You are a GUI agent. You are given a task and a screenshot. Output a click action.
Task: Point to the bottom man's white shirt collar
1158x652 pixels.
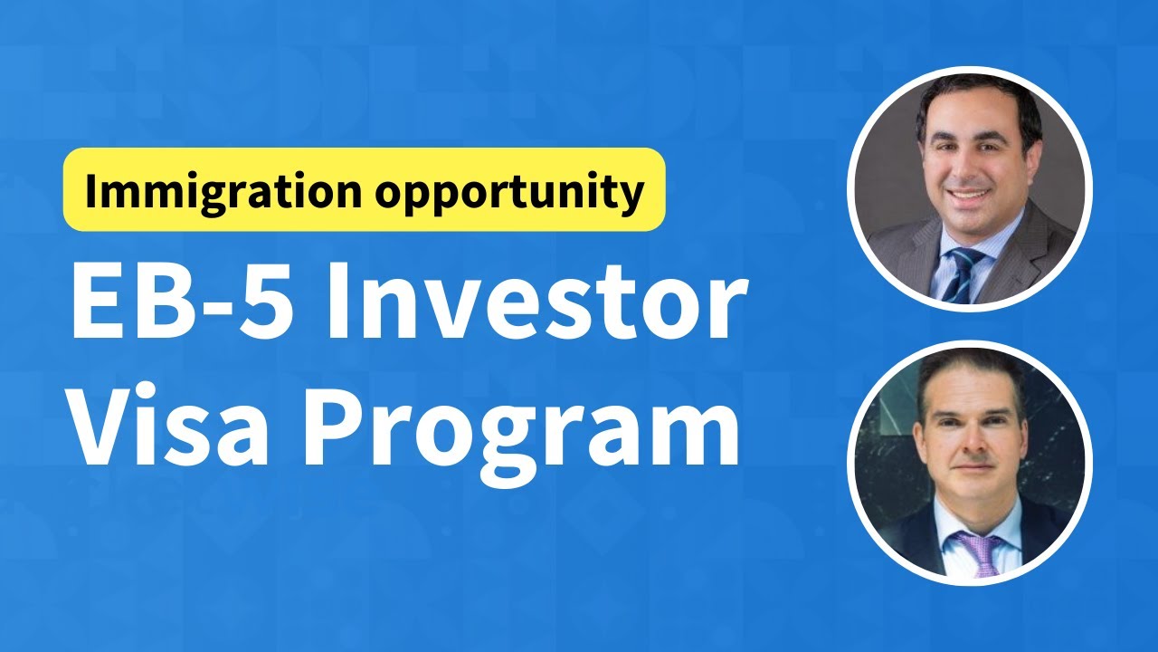coord(950,525)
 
